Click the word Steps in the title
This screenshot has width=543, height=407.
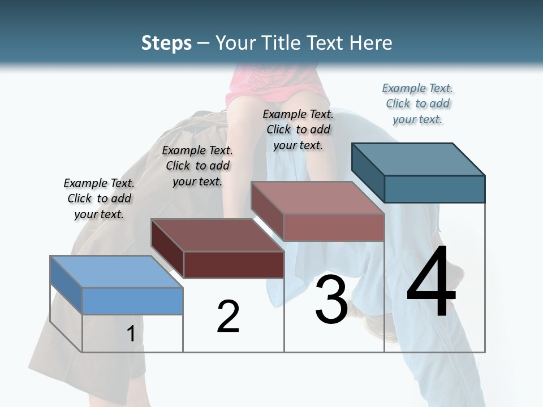166,43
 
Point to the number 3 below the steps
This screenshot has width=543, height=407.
331,299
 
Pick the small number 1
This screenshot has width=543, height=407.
131,334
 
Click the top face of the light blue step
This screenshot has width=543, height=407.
116,272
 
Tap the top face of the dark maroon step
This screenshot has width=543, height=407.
217,235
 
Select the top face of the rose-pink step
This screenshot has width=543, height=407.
318,198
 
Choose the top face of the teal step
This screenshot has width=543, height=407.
419,159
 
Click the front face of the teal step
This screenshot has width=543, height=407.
434,189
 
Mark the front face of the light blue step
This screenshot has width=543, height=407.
132,301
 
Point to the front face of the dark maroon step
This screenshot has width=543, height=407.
234,265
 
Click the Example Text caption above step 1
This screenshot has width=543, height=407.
99,198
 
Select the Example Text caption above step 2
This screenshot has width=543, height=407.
197,166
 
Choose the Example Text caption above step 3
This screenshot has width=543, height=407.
298,129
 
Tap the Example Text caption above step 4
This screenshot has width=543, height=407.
417,103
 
